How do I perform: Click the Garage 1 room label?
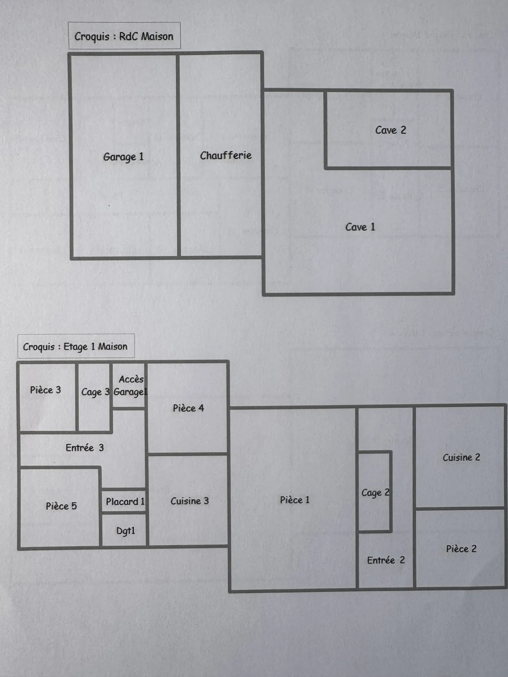point(123,157)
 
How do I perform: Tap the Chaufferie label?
point(226,155)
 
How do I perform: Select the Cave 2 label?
point(390,130)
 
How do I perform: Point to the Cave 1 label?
point(360,227)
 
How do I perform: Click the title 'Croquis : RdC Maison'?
point(124,36)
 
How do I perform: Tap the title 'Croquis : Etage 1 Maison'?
point(75,347)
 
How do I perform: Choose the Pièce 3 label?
point(45,390)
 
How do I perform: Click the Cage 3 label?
point(95,392)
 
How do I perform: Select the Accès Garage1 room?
point(129,386)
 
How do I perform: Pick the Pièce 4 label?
point(188,408)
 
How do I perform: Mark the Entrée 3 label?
point(84,448)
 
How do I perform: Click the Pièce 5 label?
point(61,506)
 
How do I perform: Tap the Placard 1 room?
point(125,501)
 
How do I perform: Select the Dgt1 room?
point(125,531)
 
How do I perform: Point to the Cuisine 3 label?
point(189,501)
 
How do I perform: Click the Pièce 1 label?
point(295,500)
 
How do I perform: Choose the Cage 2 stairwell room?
point(375,493)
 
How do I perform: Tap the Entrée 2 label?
point(386,560)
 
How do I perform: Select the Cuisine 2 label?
point(461,457)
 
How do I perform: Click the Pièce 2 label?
point(461,549)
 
